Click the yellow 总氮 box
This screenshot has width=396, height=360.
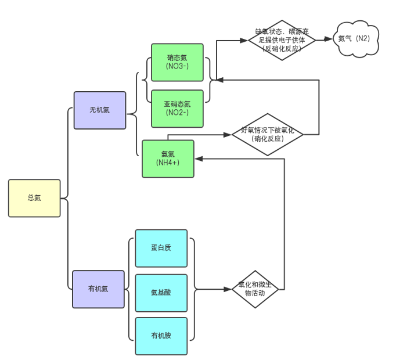(x=34, y=198)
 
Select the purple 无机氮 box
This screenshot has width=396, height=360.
(x=99, y=110)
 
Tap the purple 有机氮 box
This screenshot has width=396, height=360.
(x=98, y=289)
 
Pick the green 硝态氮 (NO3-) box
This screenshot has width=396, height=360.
(x=177, y=62)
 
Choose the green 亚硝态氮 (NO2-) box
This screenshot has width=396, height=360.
(x=177, y=108)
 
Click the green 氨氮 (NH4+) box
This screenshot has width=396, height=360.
(x=168, y=159)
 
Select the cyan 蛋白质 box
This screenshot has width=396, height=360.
(x=161, y=248)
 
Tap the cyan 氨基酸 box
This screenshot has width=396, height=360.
(x=161, y=293)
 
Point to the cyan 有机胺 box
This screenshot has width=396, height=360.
(x=161, y=336)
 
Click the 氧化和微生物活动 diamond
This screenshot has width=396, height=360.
(x=255, y=289)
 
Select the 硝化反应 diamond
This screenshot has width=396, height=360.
(x=268, y=135)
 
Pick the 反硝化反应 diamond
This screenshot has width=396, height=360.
(x=282, y=40)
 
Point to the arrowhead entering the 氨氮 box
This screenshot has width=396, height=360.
(x=199, y=159)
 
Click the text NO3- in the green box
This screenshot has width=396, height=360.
(x=177, y=66)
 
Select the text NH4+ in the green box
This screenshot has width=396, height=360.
(x=168, y=163)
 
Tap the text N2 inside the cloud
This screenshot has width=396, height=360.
(x=363, y=39)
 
